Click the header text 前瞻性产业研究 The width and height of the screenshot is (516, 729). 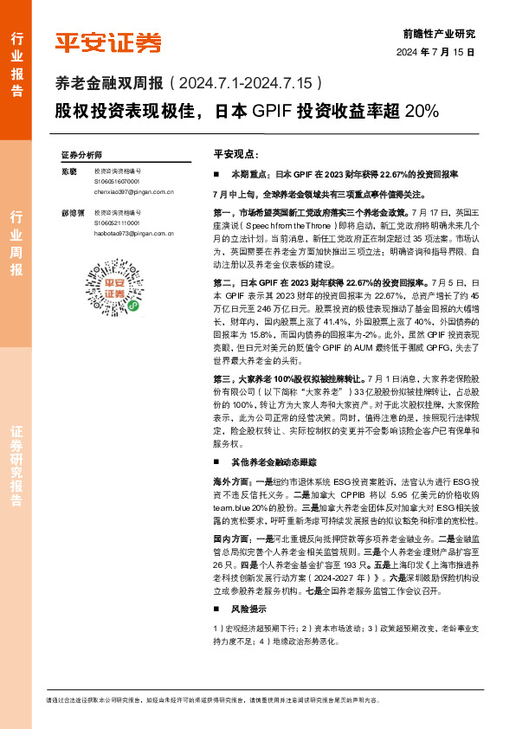[x=440, y=34]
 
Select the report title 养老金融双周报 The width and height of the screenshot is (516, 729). [x=110, y=84]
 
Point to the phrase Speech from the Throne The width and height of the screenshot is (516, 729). [x=285, y=224]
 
